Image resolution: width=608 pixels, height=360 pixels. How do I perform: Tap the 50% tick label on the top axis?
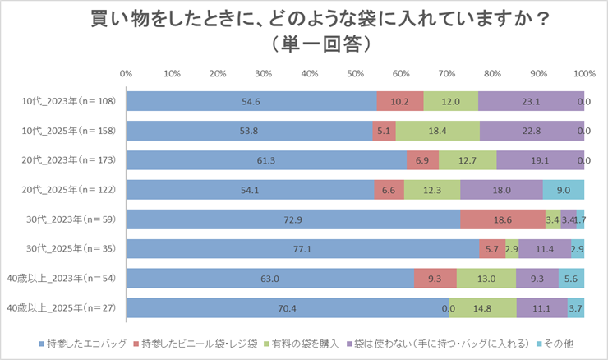[356, 74]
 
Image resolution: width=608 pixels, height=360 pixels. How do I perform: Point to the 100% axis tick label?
[583, 74]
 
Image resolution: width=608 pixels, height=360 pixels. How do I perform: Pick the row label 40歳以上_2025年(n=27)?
[62, 308]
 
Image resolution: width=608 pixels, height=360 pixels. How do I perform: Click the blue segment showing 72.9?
[292, 219]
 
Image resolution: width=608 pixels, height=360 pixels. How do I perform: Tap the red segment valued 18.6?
[502, 219]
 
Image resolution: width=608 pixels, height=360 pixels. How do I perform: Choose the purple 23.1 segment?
[531, 101]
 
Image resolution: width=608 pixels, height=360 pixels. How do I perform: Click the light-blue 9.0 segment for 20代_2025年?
[563, 190]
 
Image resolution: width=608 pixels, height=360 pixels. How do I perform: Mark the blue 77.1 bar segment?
[302, 249]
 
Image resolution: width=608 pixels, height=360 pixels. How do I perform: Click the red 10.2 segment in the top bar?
[399, 101]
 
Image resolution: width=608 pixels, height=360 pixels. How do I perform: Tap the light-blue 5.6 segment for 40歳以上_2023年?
[571, 279]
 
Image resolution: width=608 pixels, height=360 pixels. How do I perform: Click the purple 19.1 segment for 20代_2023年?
[540, 160]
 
